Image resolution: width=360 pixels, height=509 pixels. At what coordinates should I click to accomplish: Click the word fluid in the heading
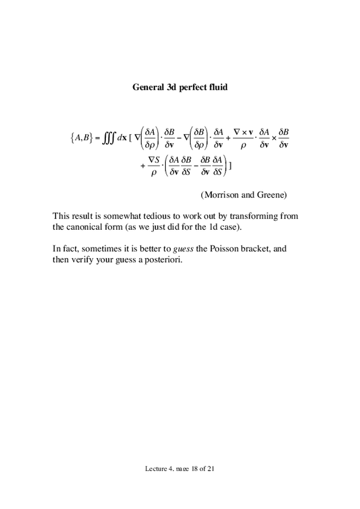click(x=217, y=87)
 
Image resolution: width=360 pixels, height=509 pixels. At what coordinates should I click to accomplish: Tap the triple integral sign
click(x=107, y=137)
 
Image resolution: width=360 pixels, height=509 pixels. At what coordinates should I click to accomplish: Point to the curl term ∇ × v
click(x=244, y=131)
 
